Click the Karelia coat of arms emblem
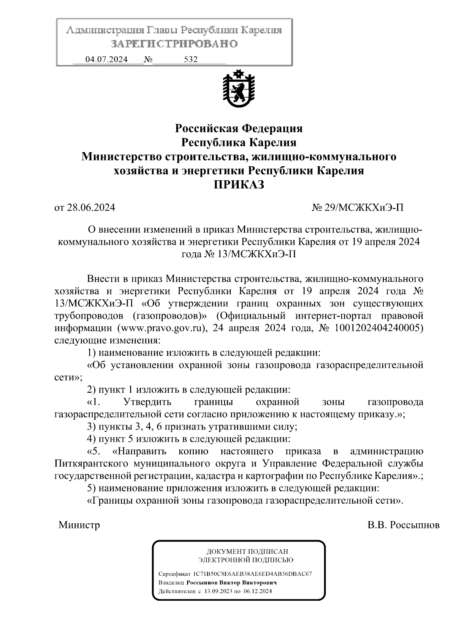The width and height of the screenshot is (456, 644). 238,89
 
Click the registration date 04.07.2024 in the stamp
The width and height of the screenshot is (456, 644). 106,60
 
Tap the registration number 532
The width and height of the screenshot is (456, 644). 190,60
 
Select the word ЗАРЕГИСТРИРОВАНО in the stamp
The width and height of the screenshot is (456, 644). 174,44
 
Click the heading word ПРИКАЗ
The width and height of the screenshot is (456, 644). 238,185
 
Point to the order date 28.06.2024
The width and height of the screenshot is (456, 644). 91,208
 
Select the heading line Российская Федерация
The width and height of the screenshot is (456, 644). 238,128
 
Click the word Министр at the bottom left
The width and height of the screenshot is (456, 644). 79,525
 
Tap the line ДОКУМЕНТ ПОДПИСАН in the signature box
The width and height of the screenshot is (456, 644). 247,551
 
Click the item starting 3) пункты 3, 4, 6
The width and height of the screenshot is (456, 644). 192,427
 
